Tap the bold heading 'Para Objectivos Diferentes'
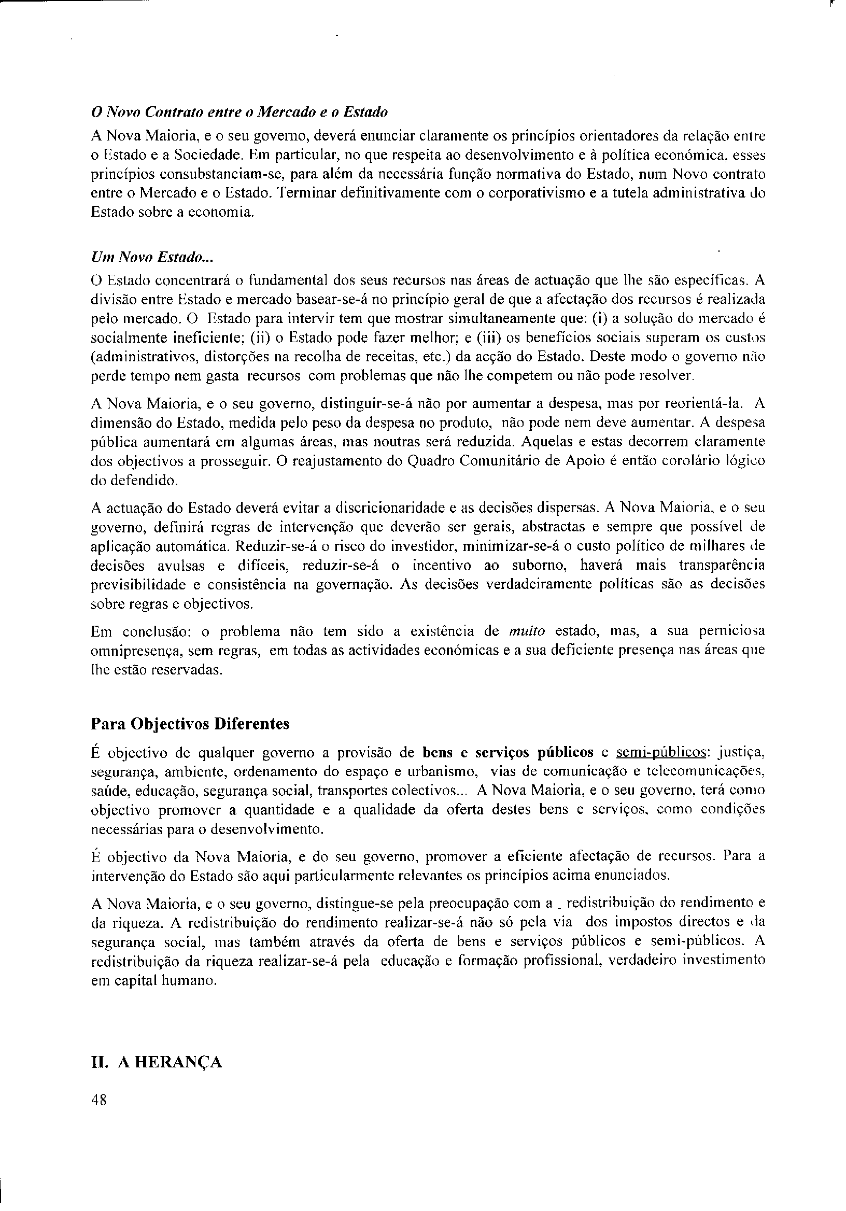[190, 723]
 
